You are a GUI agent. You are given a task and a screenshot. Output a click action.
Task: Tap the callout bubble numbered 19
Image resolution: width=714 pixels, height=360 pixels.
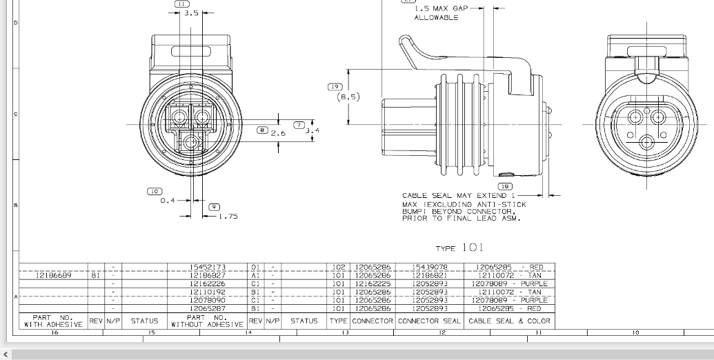click(335, 87)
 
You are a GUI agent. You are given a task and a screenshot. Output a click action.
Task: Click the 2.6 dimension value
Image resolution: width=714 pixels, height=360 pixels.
click(277, 133)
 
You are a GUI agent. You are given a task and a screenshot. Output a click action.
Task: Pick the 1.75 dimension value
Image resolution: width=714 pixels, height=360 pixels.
click(227, 217)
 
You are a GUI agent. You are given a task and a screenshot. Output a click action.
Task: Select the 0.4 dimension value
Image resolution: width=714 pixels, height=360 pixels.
click(168, 201)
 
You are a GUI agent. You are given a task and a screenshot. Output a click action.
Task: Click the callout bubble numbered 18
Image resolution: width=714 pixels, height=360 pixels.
click(505, 186)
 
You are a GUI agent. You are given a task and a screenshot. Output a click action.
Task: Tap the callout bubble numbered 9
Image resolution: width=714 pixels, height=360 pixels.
click(215, 206)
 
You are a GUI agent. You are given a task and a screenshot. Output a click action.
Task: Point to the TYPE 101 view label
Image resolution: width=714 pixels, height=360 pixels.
click(460, 248)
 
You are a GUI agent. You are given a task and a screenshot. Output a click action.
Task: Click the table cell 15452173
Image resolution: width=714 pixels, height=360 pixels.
click(208, 267)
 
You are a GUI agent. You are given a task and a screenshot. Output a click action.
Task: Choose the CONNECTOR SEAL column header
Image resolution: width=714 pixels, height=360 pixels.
click(429, 321)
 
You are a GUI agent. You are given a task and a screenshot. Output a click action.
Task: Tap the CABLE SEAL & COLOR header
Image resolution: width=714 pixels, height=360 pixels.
click(510, 321)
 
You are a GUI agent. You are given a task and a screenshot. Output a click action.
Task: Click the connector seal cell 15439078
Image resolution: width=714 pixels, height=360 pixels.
click(429, 267)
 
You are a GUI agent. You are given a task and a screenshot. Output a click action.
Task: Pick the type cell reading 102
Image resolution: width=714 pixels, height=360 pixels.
click(339, 267)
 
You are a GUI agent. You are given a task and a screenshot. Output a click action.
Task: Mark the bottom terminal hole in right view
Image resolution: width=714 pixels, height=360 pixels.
click(647, 142)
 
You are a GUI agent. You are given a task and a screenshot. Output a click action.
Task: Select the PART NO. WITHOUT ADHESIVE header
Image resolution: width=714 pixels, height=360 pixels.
click(208, 321)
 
